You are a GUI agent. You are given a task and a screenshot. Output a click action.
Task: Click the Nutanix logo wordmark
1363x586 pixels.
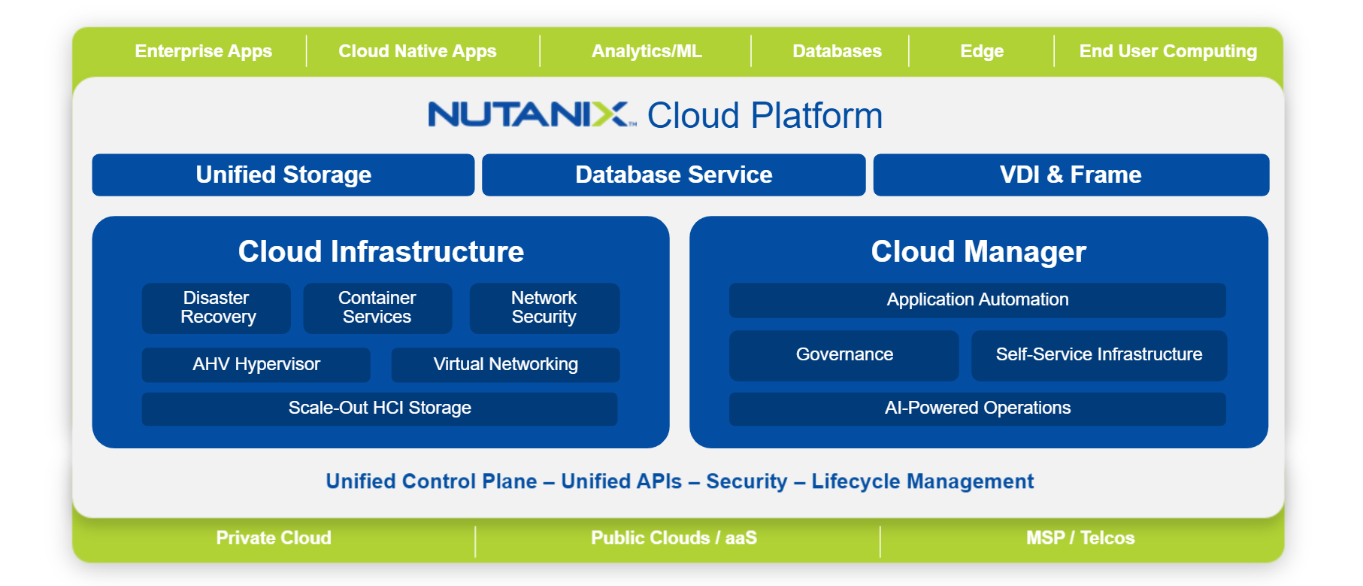(531, 114)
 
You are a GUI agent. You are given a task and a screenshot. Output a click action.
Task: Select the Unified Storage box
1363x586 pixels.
(283, 175)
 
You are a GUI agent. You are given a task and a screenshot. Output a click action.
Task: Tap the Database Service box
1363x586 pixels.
(674, 175)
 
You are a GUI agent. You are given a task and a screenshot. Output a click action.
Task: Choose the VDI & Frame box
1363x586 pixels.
(1071, 175)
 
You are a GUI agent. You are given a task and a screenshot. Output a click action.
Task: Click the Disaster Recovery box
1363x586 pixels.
(217, 308)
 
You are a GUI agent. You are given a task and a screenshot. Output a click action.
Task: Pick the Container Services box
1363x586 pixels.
(377, 308)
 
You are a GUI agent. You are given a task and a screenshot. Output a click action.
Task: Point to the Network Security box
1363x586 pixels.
(544, 308)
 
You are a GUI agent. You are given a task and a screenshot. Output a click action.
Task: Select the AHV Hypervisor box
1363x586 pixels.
(256, 364)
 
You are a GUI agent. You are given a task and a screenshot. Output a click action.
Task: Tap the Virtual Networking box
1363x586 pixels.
(505, 364)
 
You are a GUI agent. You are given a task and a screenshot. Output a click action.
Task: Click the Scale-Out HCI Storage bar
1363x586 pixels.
(380, 408)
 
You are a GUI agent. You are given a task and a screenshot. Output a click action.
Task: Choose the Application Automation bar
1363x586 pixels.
(977, 299)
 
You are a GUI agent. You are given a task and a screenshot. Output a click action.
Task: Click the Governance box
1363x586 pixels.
(844, 354)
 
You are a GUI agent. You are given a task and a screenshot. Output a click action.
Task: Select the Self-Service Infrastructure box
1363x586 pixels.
(1098, 354)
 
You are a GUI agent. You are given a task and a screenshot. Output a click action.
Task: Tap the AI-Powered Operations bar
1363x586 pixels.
(977, 408)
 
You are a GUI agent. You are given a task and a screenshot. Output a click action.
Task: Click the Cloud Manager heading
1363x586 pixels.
(978, 252)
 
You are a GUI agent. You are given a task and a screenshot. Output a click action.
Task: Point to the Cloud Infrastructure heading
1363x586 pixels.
(380, 252)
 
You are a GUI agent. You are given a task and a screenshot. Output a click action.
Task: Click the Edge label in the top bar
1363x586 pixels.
(982, 51)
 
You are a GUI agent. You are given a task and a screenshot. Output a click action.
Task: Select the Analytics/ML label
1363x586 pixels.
(647, 51)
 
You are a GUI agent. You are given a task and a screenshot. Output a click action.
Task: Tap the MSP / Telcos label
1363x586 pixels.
(1080, 538)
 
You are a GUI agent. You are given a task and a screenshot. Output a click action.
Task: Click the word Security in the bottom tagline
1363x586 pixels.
(747, 481)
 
